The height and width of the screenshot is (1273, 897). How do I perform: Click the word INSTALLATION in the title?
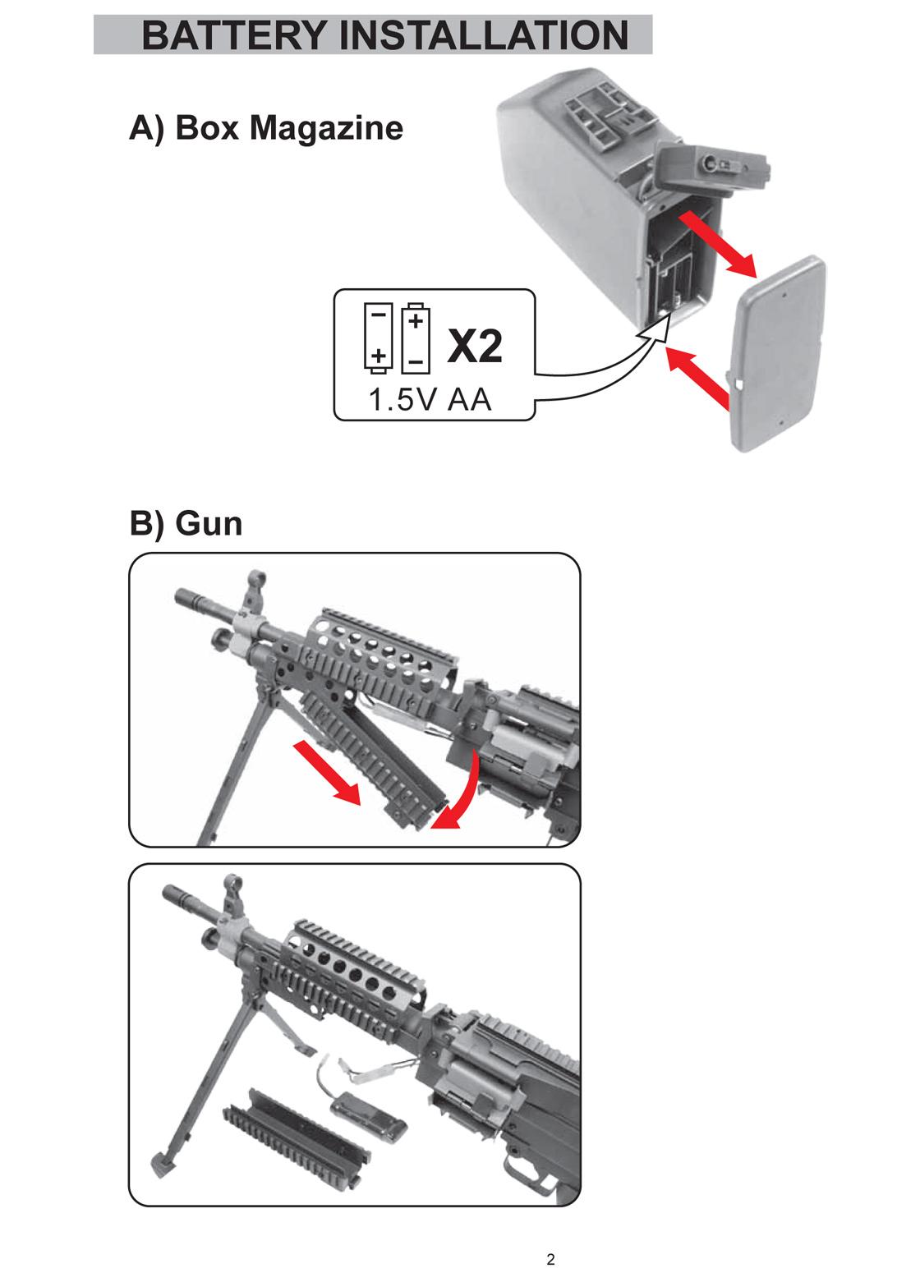tap(484, 35)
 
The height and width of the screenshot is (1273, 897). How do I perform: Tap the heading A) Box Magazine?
tap(266, 128)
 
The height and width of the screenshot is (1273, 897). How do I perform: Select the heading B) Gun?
tap(186, 523)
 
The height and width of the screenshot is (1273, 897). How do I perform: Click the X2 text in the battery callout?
tap(475, 347)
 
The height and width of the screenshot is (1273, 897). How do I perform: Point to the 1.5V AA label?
tap(429, 400)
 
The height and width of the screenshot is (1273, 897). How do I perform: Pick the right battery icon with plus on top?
tap(416, 336)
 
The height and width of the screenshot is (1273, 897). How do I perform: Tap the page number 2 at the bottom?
tap(550, 1259)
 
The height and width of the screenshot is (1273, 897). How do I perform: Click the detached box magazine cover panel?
tap(780, 353)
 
